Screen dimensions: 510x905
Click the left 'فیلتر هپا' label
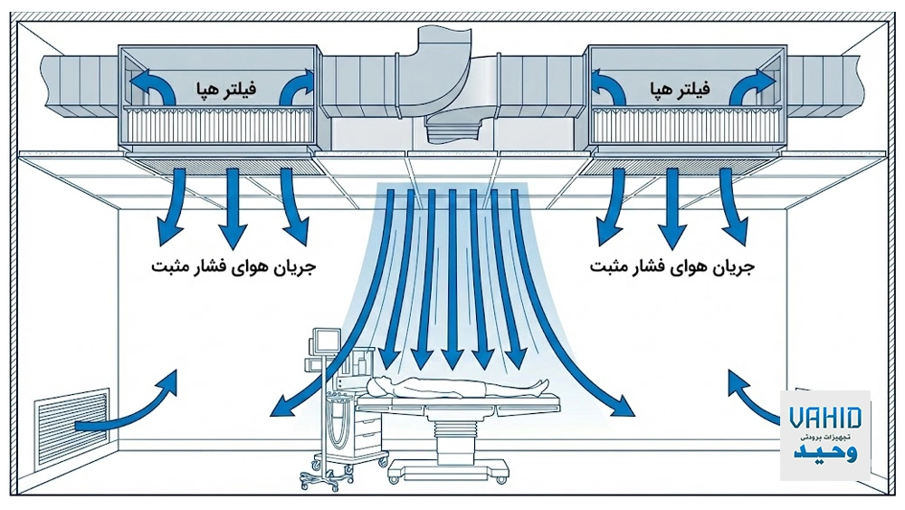click(222, 90)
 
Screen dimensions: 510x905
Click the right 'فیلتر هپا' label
click(679, 90)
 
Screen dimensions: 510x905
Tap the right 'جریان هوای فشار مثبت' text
click(672, 268)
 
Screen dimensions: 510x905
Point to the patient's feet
click(540, 387)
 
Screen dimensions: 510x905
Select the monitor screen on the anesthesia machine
click(322, 343)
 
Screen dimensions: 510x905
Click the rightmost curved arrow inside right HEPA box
click(751, 89)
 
